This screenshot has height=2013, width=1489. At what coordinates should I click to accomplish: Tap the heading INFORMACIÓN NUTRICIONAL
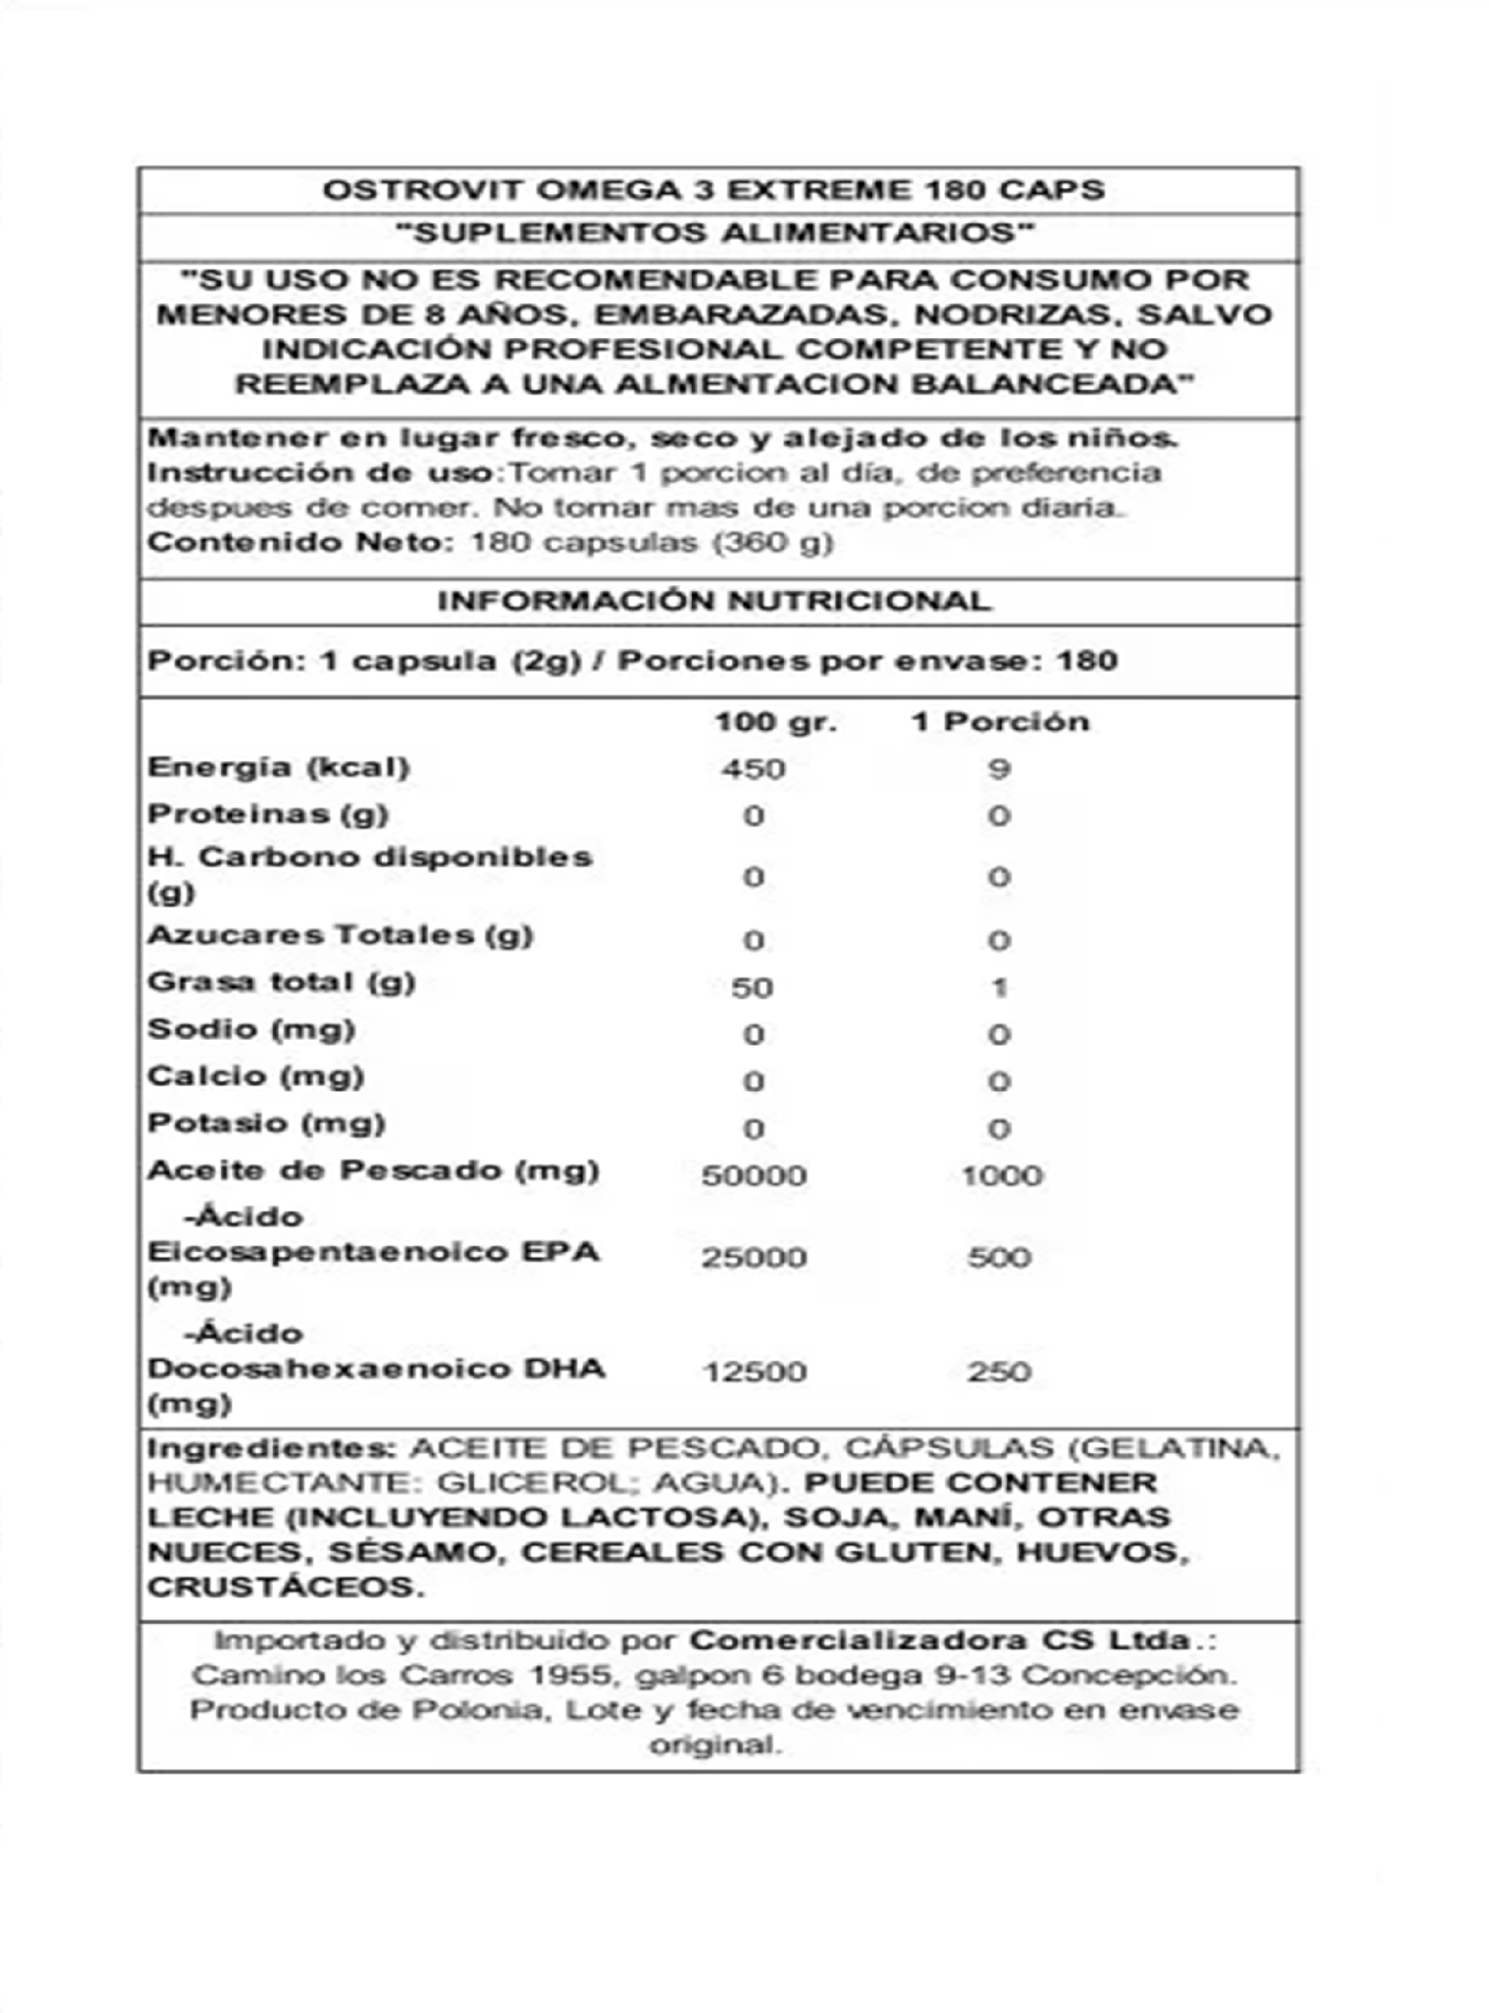pyautogui.click(x=715, y=601)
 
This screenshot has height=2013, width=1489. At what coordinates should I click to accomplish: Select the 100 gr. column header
pyautogui.click(x=775, y=722)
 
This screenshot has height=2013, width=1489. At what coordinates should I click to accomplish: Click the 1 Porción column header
pyautogui.click(x=1001, y=722)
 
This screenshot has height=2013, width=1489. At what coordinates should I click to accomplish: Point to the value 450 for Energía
pyautogui.click(x=753, y=769)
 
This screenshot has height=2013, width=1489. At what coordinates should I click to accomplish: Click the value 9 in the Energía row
pyautogui.click(x=998, y=769)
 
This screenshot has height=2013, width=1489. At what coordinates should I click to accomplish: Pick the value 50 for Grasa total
pyautogui.click(x=752, y=988)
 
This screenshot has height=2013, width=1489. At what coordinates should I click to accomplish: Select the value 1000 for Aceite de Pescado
pyautogui.click(x=1002, y=1176)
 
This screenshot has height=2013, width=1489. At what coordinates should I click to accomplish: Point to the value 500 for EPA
pyautogui.click(x=999, y=1257)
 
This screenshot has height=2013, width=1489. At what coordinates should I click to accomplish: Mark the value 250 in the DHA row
pyautogui.click(x=999, y=1372)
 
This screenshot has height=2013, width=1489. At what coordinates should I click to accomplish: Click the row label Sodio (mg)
pyautogui.click(x=252, y=1029)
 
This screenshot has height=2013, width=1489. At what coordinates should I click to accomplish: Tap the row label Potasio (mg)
pyautogui.click(x=267, y=1123)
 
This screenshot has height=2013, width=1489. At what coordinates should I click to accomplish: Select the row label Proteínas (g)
pyautogui.click(x=268, y=814)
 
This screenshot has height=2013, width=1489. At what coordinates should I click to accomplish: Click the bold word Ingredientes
pyautogui.click(x=271, y=1448)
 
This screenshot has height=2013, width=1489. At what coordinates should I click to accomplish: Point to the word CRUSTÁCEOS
pyautogui.click(x=285, y=1588)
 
